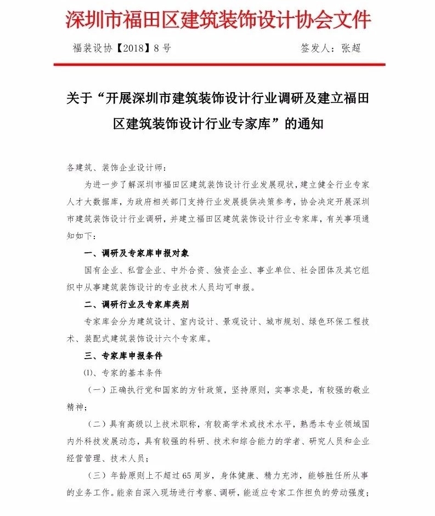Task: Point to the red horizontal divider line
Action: (x=219, y=65)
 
